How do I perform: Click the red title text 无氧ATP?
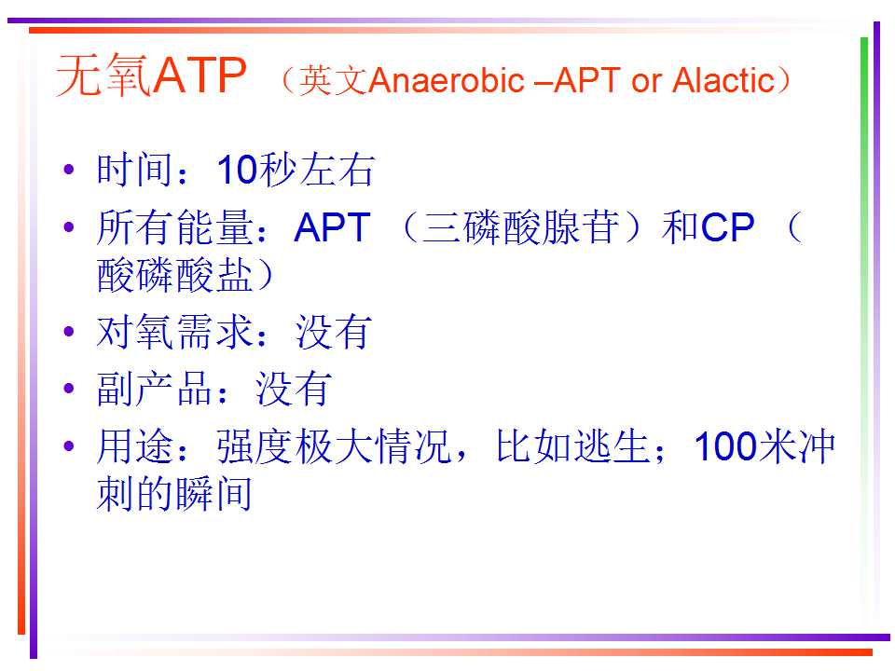[x=152, y=75]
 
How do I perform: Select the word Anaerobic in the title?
[x=447, y=80]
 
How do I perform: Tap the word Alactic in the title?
[x=723, y=80]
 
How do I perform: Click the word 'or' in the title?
[x=646, y=83]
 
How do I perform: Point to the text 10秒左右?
[x=296, y=170]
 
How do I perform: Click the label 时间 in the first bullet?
[x=134, y=170]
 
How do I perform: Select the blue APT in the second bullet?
[x=332, y=227]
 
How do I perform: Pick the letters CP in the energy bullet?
[x=728, y=227]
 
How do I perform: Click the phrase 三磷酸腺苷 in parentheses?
[x=520, y=227]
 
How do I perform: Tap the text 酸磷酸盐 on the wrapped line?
[x=174, y=274]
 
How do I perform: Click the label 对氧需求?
[x=174, y=332]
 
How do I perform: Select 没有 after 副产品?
[x=294, y=389]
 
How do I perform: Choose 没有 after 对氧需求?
[x=334, y=332]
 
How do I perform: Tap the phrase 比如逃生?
[x=572, y=445]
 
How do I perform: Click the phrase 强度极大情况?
[x=334, y=445]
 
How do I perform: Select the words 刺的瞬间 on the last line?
[x=174, y=494]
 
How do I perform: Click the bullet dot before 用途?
[x=69, y=445]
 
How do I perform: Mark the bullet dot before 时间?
[x=69, y=170]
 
